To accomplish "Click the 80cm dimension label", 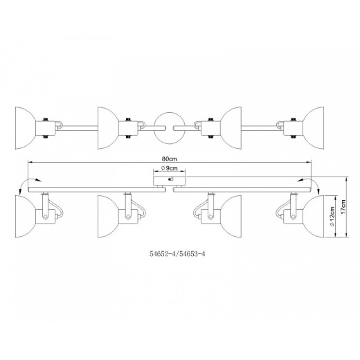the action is pyautogui.click(x=170, y=159).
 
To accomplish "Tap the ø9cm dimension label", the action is pyautogui.click(x=170, y=168).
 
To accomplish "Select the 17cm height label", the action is pyautogui.click(x=343, y=207).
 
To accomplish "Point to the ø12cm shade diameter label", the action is pyautogui.click(x=332, y=216).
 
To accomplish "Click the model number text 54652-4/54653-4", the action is pyautogui.click(x=177, y=254).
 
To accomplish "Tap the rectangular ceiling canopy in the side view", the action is pyautogui.click(x=170, y=181).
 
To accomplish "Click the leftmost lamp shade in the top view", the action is pyautogui.click(x=26, y=128).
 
